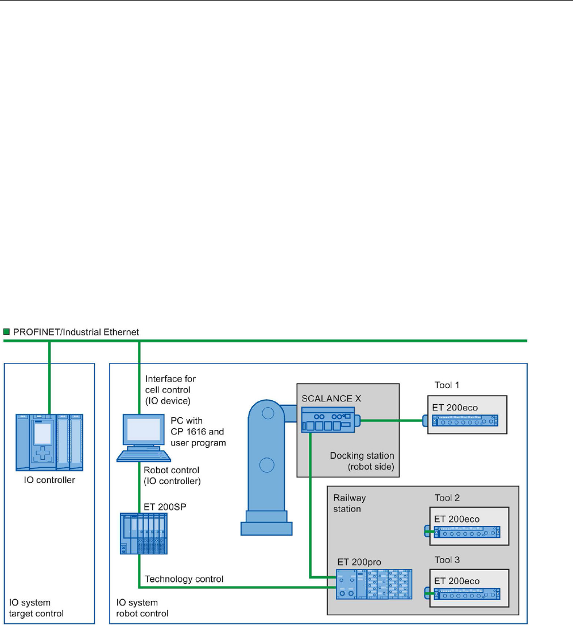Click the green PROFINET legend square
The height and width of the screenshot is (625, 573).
[x=6, y=331]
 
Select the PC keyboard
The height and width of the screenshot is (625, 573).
[x=144, y=455]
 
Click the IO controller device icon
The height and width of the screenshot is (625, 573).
[x=49, y=444]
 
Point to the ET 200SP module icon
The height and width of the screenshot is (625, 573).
[x=144, y=533]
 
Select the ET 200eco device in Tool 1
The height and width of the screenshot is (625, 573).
[x=466, y=421]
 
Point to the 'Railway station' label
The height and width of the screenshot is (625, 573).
[x=350, y=503]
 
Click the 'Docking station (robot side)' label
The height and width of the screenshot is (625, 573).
[x=362, y=462]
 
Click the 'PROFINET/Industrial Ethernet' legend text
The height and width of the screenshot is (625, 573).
[x=75, y=332]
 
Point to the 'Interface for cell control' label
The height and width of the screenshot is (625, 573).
[x=170, y=384]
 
